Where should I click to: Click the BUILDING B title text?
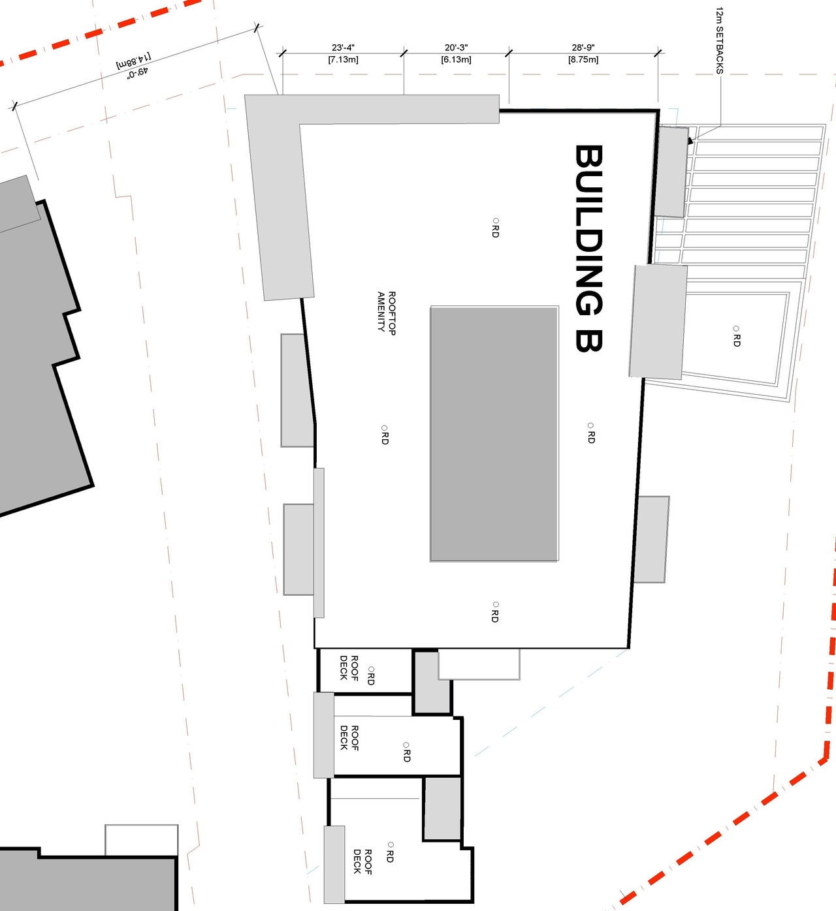click(x=588, y=248)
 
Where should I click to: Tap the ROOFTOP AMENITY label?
click(x=386, y=313)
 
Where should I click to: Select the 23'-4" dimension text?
click(x=343, y=48)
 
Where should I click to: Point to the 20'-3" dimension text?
click(x=456, y=48)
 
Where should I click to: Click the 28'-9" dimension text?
click(x=583, y=48)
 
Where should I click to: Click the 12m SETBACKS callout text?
click(x=719, y=40)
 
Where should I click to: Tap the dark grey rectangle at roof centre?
click(x=494, y=433)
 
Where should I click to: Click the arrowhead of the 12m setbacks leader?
click(x=690, y=140)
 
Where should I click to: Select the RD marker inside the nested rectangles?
click(x=736, y=335)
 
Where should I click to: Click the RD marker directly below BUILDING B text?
click(x=590, y=433)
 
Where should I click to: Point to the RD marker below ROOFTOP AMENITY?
click(x=384, y=435)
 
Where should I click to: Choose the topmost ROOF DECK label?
click(x=349, y=668)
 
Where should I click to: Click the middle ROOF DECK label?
click(x=349, y=737)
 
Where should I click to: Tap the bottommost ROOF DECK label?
click(x=362, y=861)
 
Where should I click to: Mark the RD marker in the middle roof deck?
click(x=406, y=752)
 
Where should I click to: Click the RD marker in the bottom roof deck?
click(x=390, y=852)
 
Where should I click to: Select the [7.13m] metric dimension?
click(x=343, y=60)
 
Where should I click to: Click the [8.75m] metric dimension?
click(x=583, y=60)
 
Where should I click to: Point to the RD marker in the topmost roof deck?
click(x=371, y=675)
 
